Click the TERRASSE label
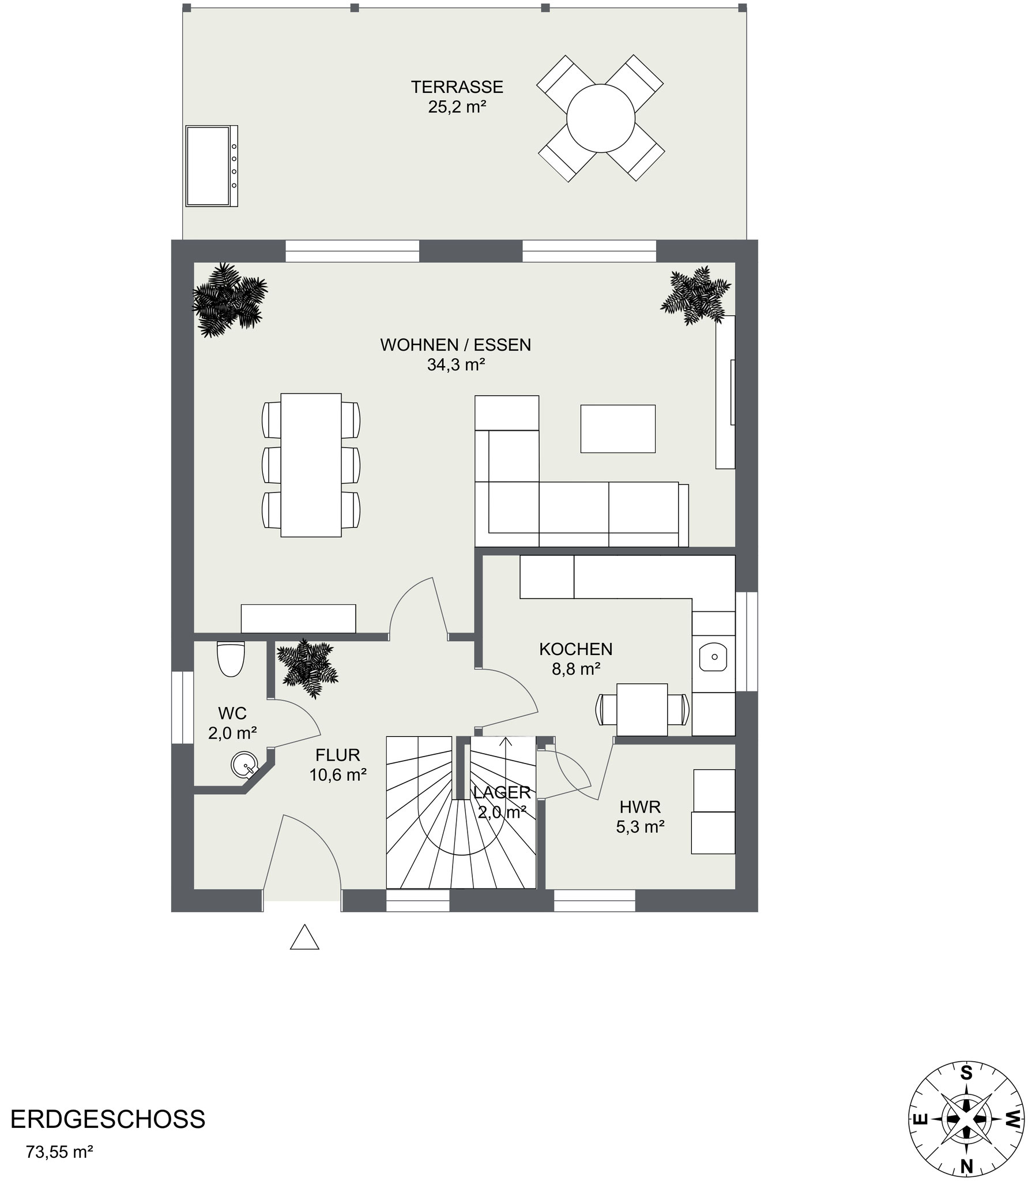[x=457, y=87]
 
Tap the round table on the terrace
[x=600, y=118]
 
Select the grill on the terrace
[x=212, y=166]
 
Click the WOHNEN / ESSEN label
[x=455, y=345]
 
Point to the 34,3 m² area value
[x=455, y=364]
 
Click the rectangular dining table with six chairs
[x=311, y=465]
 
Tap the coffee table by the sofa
[x=617, y=428]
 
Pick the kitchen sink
[x=714, y=656]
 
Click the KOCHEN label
[x=575, y=649]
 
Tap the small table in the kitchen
[x=642, y=710]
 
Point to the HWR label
[x=640, y=806]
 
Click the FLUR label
[x=338, y=755]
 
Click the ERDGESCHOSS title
[x=108, y=1119]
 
